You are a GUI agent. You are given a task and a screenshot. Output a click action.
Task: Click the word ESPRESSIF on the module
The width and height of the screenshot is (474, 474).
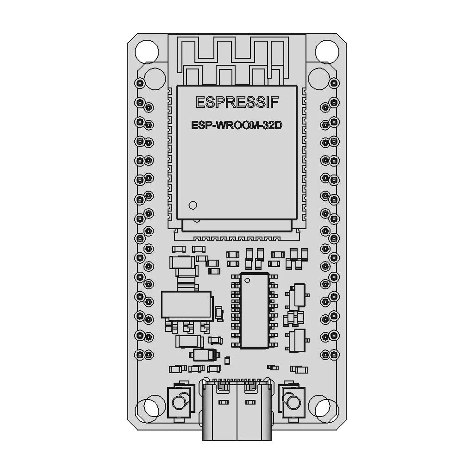pyautogui.click(x=237, y=102)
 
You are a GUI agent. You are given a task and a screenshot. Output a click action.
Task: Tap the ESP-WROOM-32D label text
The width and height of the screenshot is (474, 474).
pyautogui.click(x=237, y=125)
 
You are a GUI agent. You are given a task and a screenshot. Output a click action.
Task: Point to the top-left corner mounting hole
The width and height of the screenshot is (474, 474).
pyautogui.click(x=146, y=51)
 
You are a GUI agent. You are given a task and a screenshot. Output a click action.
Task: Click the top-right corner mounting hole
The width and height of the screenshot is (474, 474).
pyautogui.click(x=327, y=51)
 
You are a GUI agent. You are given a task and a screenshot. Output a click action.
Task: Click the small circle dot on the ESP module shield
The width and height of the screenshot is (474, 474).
pyautogui.click(x=193, y=205)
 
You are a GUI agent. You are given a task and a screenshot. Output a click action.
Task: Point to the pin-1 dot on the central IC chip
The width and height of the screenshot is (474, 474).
pyautogui.click(x=247, y=280)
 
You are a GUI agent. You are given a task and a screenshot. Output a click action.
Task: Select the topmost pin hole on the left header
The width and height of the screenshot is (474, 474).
pyautogui.click(x=140, y=82)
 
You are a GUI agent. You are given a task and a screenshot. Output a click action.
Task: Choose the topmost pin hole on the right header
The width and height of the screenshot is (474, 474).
pyautogui.click(x=334, y=82)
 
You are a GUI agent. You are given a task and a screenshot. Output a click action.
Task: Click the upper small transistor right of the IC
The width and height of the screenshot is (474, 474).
pyautogui.click(x=298, y=295)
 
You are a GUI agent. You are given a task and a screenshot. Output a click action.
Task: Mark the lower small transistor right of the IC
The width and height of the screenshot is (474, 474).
pyautogui.click(x=298, y=341)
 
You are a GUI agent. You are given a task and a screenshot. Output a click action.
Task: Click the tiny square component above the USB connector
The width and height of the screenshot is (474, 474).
pyautogui.click(x=227, y=360)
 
